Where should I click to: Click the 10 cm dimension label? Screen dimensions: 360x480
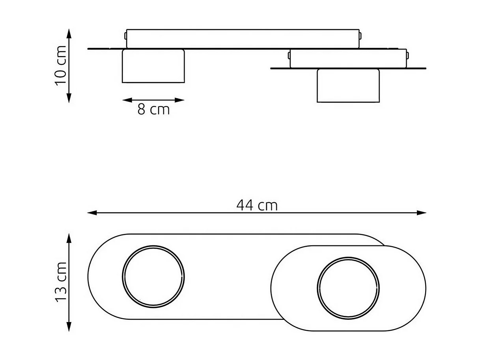tap(61, 66)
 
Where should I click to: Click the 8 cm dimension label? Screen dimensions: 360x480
tap(153, 109)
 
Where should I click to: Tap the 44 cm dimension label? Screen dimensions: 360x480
tap(257, 205)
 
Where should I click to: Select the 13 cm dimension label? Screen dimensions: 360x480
tap(61, 282)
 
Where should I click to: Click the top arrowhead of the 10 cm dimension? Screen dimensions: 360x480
tap(69, 32)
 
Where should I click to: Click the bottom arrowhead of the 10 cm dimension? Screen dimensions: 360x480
tap(69, 99)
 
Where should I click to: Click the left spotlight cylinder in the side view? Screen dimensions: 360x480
tap(153, 66)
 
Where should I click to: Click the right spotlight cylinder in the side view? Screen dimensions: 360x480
tap(348, 86)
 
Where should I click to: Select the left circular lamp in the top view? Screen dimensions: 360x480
tap(153, 276)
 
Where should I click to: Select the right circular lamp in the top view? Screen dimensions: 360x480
tap(348, 288)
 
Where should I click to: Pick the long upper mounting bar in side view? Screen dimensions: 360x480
tap(243, 39)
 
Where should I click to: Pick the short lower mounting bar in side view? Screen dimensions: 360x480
tap(348, 58)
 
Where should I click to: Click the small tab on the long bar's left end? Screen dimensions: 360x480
tap(125, 36)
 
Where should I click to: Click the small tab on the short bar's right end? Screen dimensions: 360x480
tap(408, 56)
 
